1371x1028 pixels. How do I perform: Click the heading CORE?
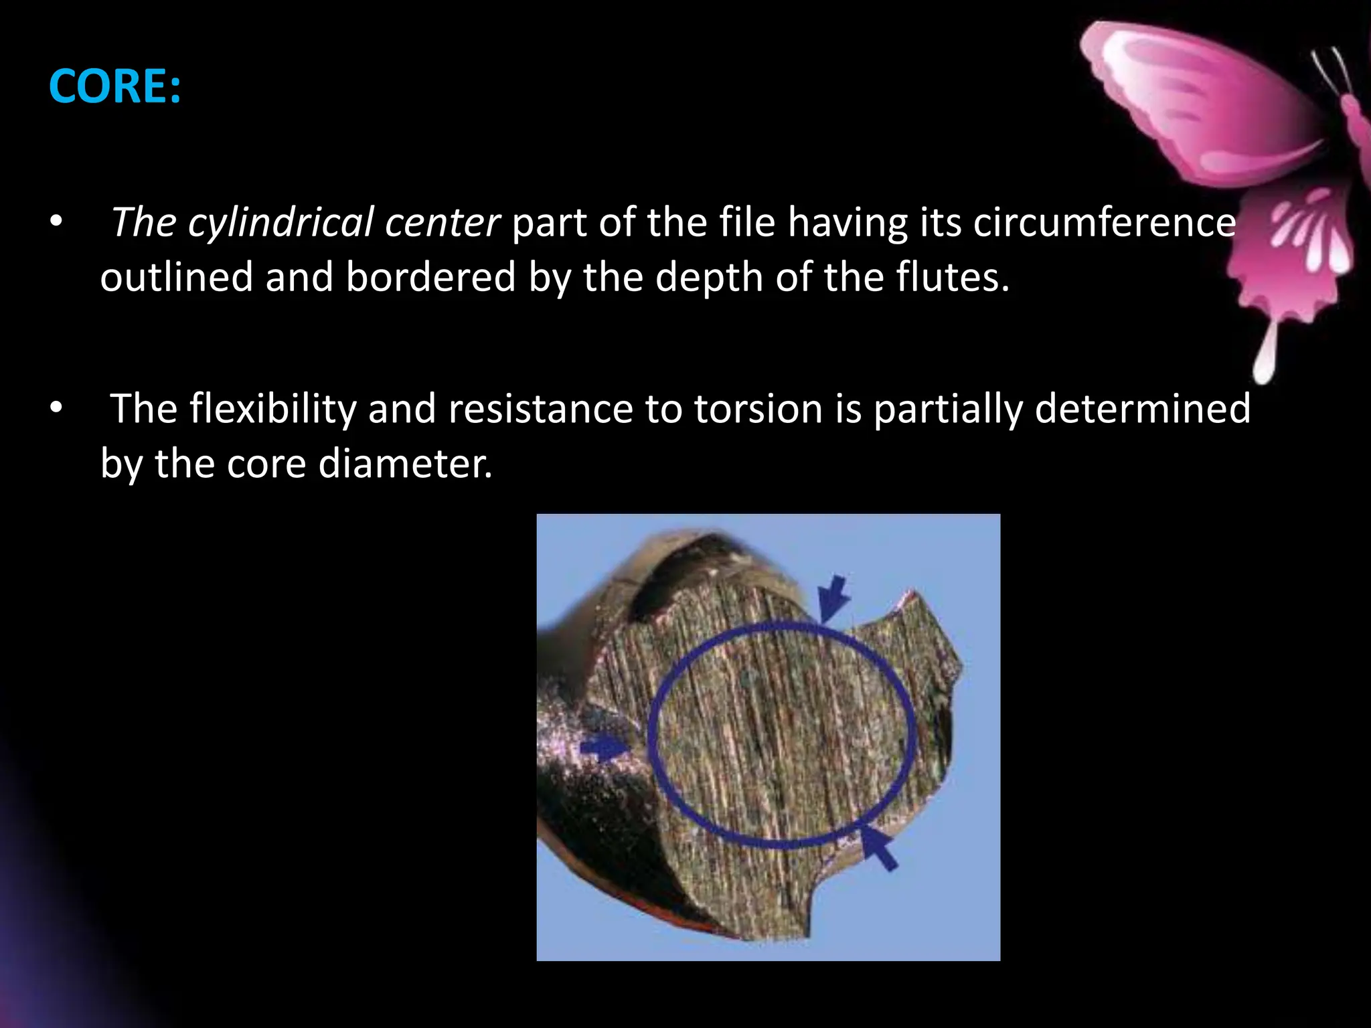coord(114,86)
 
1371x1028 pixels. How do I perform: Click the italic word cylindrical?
coord(280,222)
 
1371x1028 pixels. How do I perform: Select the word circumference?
coord(1104,222)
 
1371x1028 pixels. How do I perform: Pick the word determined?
coord(1142,409)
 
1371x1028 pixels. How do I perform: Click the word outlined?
coord(176,277)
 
